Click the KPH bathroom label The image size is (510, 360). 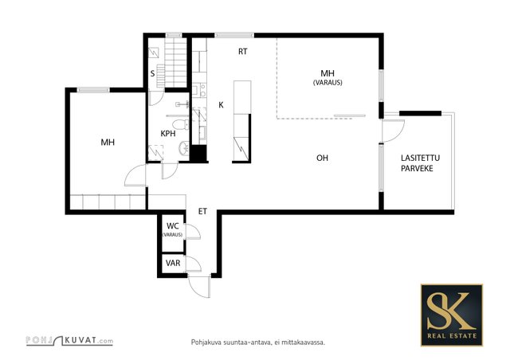pyautogui.click(x=168, y=133)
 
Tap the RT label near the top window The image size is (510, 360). pyautogui.click(x=242, y=52)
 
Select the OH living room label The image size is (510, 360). pyautogui.click(x=322, y=158)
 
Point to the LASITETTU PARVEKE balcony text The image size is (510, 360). pyautogui.click(x=420, y=163)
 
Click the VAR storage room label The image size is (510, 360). pyautogui.click(x=173, y=263)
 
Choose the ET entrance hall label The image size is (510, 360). pyautogui.click(x=202, y=211)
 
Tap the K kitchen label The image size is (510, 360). pyautogui.click(x=222, y=105)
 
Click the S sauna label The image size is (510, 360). pyautogui.click(x=152, y=74)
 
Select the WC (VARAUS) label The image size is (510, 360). pyautogui.click(x=172, y=229)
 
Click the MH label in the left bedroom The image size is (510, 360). pyautogui.click(x=108, y=142)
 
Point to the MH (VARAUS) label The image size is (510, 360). pyautogui.click(x=328, y=77)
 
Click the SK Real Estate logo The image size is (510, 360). pyautogui.click(x=452, y=315)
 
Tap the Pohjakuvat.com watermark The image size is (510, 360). pyautogui.click(x=69, y=341)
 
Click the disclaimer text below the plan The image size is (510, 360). pyautogui.click(x=258, y=342)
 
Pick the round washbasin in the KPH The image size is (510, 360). pyautogui.click(x=183, y=148)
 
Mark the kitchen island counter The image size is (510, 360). pyautogui.click(x=242, y=121)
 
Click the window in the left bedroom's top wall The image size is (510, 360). pyautogui.click(x=93, y=90)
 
